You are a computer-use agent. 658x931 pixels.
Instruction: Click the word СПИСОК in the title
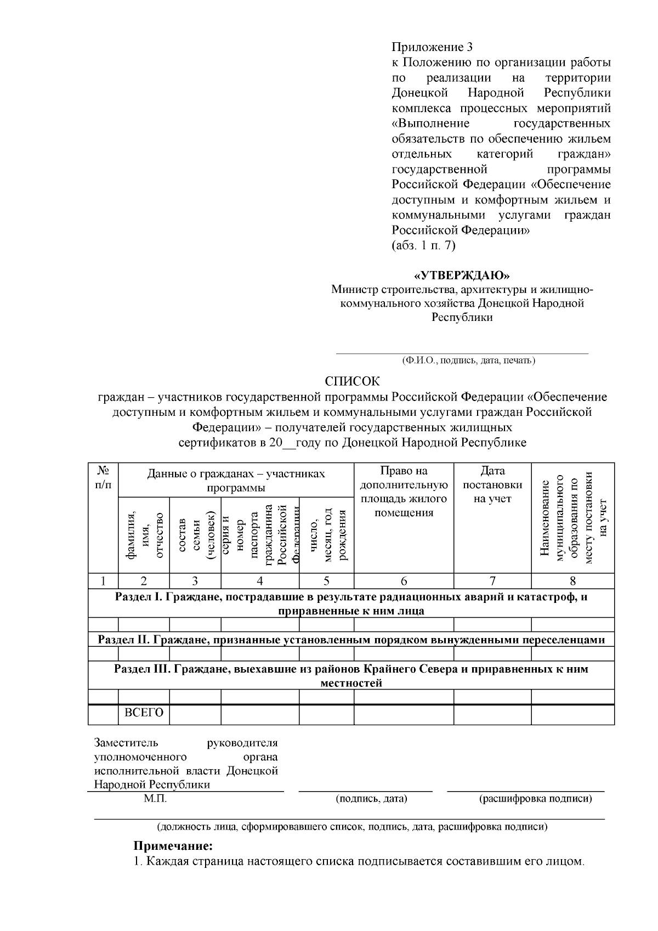coord(351,381)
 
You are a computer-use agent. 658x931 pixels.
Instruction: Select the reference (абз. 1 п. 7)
coord(423,245)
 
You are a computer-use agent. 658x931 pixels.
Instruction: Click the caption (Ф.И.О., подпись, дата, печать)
coord(468,360)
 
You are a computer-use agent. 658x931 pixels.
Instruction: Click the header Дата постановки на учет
coord(492,484)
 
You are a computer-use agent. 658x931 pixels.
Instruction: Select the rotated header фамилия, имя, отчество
coord(144,535)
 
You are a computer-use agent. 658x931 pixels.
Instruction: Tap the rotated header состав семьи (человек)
coord(196,535)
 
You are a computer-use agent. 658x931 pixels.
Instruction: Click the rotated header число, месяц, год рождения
coord(327,535)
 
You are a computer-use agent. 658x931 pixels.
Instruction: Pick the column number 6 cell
coord(404,581)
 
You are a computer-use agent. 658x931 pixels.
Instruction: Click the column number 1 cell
coord(103,581)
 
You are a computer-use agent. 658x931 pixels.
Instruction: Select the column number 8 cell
coord(572,581)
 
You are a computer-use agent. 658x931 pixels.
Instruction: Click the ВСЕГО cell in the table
coord(144,713)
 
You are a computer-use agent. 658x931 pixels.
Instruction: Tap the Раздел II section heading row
coord(351,640)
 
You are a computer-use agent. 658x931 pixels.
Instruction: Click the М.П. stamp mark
coord(155,799)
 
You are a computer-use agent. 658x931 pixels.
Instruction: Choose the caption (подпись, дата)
coord(371,799)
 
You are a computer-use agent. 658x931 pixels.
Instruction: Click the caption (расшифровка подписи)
coord(535,799)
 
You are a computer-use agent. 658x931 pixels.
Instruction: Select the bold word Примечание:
coord(173,847)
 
